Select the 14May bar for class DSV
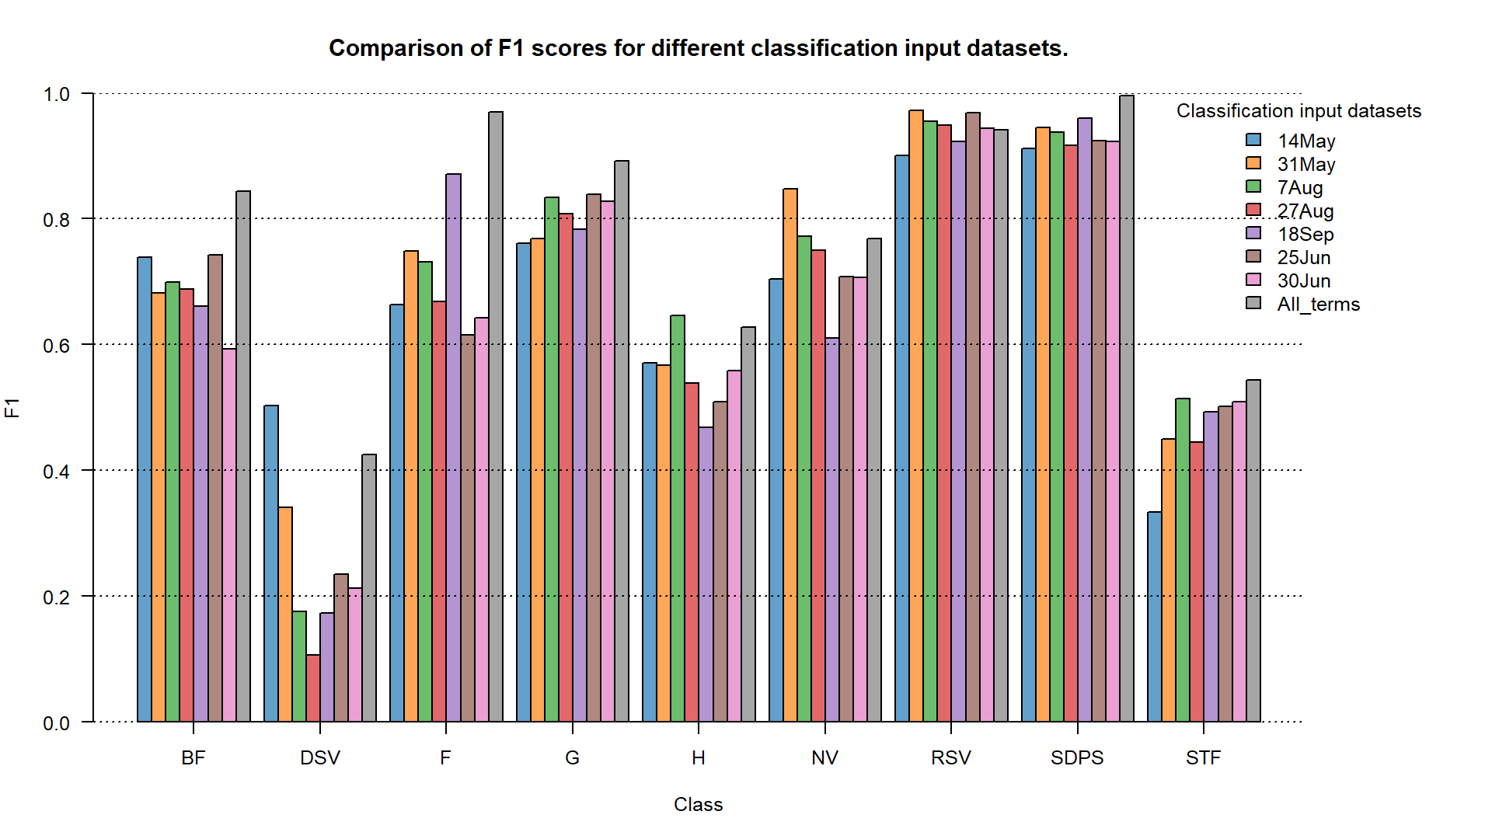click(x=271, y=563)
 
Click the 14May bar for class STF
click(x=1155, y=617)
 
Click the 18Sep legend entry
click(x=1305, y=234)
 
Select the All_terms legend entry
click(x=1318, y=304)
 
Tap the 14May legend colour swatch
click(x=1253, y=140)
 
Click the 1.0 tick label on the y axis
click(x=57, y=94)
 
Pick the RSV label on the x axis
click(x=951, y=757)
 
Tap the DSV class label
click(x=320, y=757)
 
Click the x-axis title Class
click(x=698, y=804)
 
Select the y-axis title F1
click(x=12, y=407)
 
